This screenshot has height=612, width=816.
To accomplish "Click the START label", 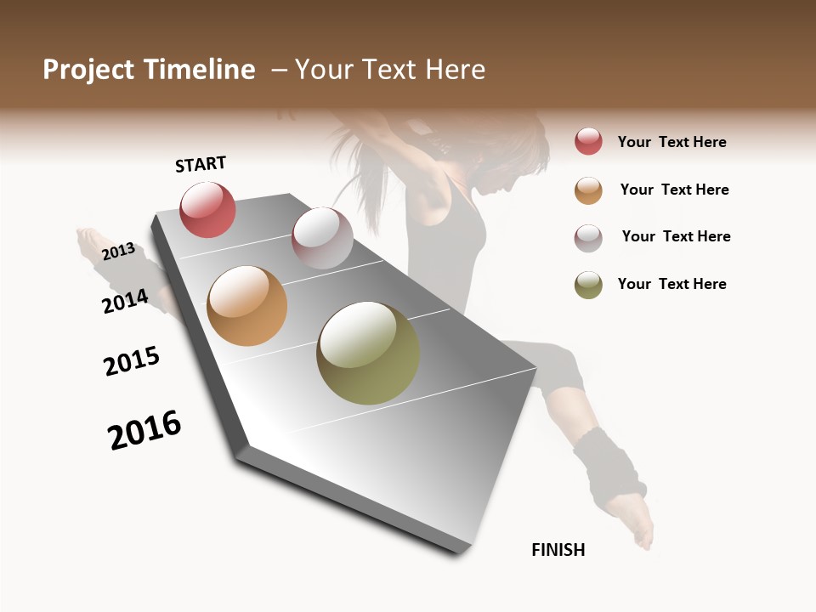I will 201,164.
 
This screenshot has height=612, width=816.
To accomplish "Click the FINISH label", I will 558,550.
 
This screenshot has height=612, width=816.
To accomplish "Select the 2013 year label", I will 118,252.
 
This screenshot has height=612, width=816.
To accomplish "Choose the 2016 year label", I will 144,430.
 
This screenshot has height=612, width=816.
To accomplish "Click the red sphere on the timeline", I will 207,210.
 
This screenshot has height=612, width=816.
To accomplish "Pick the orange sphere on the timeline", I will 246,306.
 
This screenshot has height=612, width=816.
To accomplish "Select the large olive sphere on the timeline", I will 367,353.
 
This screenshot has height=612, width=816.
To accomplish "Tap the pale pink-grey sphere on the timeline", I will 322,238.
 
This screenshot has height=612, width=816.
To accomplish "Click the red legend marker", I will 588,141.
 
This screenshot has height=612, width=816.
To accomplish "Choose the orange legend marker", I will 588,190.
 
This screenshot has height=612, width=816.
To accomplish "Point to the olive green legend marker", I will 588,285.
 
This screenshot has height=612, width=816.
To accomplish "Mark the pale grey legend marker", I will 588,237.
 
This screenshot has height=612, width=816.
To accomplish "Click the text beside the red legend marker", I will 671,142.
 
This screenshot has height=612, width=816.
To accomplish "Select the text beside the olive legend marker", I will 671,284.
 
